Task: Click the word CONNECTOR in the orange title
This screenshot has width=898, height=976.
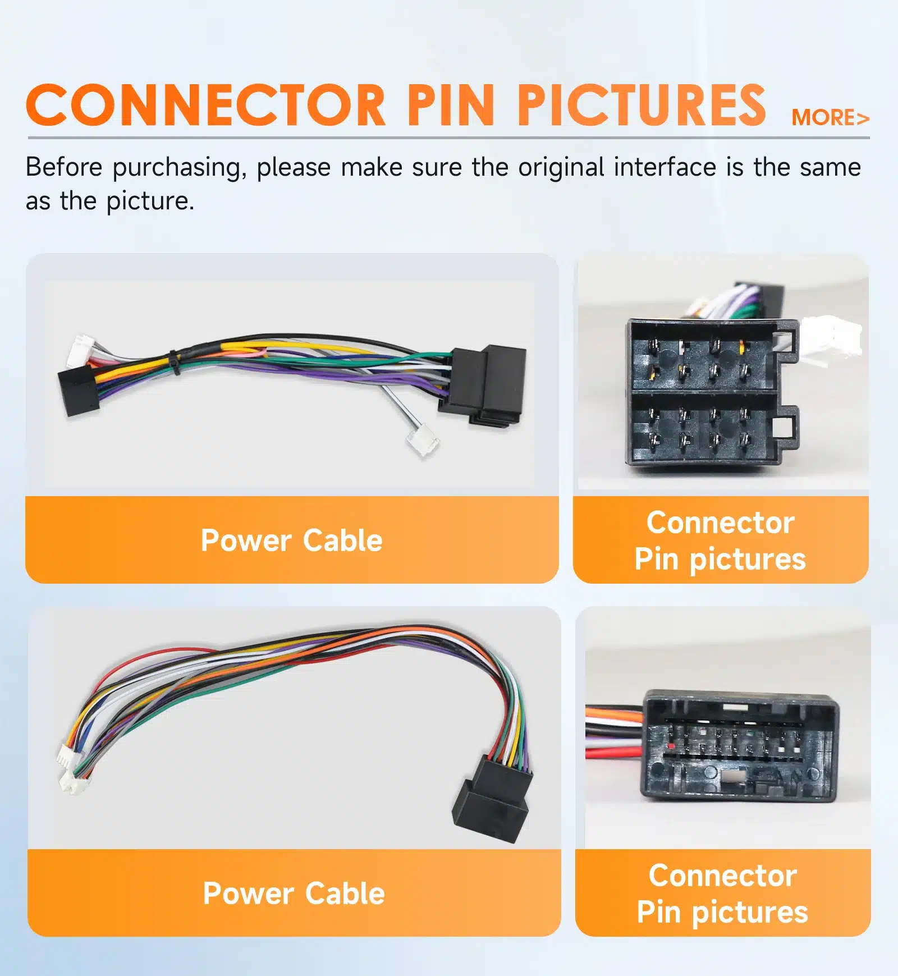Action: (x=205, y=106)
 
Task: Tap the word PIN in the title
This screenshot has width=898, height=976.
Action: (x=451, y=106)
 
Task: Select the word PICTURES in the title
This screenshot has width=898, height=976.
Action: (x=641, y=106)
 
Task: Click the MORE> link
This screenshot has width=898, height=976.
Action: (x=830, y=118)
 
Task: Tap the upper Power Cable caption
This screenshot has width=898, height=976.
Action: (x=292, y=540)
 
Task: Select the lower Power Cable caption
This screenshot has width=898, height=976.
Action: (x=294, y=893)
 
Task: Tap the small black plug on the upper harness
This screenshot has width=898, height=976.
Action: (x=79, y=392)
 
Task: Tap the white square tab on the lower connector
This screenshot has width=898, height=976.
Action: (x=732, y=776)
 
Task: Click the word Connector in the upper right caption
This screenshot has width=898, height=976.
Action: (x=720, y=523)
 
